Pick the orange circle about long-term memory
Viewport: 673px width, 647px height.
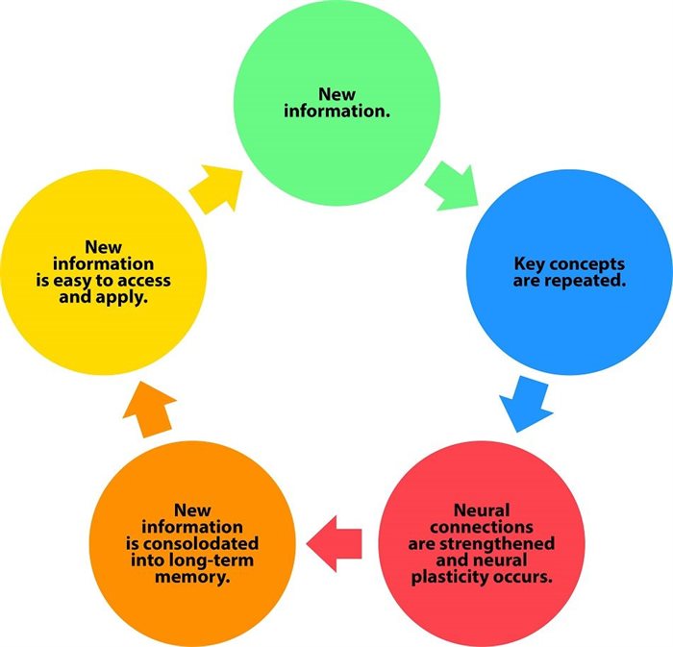click(x=191, y=543)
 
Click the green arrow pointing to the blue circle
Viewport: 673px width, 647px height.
click(x=451, y=184)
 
